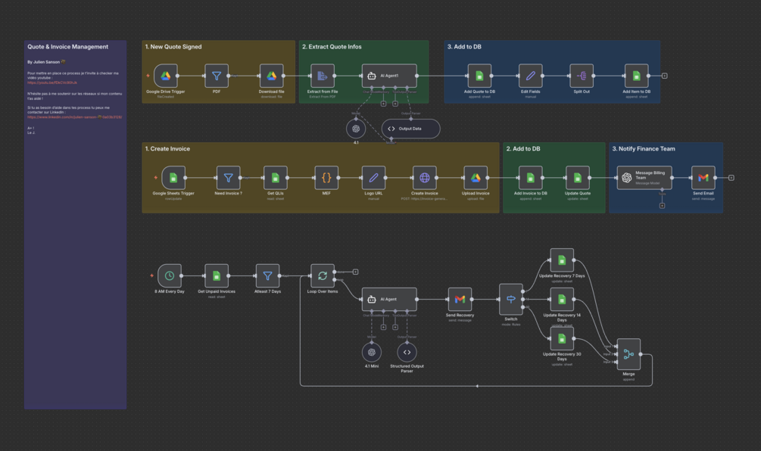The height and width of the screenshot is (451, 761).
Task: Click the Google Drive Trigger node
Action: (x=166, y=76)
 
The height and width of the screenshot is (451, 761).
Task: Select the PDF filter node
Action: (x=217, y=76)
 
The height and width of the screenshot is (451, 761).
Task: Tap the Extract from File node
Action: (x=323, y=76)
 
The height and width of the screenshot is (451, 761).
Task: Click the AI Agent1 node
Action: (x=389, y=76)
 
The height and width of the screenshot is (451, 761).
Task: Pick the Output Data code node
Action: (x=410, y=129)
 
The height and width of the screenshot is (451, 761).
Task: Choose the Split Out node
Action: (x=582, y=76)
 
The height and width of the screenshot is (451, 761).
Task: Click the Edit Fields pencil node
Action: (x=530, y=76)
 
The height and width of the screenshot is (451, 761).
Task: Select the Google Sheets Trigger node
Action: (x=173, y=178)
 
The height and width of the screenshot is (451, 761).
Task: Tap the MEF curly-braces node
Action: (x=326, y=178)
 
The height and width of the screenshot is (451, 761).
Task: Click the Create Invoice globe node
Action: (x=425, y=178)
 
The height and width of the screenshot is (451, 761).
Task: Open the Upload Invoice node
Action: (x=476, y=178)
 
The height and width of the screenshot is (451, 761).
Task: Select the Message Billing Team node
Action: (x=644, y=178)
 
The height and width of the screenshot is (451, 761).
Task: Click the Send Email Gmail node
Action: (x=703, y=178)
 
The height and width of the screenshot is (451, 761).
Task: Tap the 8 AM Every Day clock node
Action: (x=170, y=276)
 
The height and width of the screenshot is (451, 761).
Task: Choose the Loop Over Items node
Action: (x=323, y=276)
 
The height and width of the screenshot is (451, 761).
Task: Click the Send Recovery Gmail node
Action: (x=460, y=300)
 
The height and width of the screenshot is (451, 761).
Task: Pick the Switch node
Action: (x=511, y=300)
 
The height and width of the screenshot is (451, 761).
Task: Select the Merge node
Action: (x=628, y=353)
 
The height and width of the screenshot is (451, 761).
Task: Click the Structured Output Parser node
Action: (x=407, y=352)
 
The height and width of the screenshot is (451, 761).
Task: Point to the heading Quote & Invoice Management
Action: (x=68, y=47)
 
